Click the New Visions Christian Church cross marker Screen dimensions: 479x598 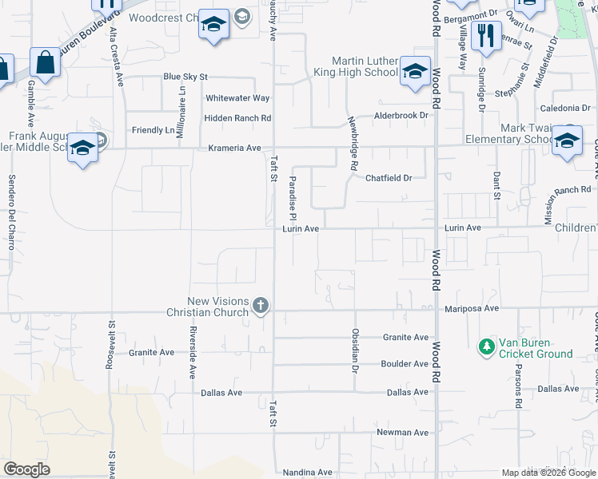coord(260,305)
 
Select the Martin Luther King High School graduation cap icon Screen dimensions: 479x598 coord(415,72)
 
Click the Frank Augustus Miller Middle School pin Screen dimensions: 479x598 coord(83,148)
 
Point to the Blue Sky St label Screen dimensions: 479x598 coord(185,77)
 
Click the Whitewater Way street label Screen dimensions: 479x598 coord(237,98)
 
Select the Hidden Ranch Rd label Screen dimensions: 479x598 coord(238,118)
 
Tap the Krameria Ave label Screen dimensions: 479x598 coord(235,148)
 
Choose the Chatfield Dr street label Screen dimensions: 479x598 coord(389,178)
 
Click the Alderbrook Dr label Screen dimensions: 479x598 coord(402,116)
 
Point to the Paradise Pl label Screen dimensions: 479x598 coord(293,199)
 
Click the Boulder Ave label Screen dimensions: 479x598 coord(405,364)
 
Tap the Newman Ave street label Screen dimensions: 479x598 coord(403,433)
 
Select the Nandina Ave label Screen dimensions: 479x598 coord(308,473)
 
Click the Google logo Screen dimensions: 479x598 coord(26,469)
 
